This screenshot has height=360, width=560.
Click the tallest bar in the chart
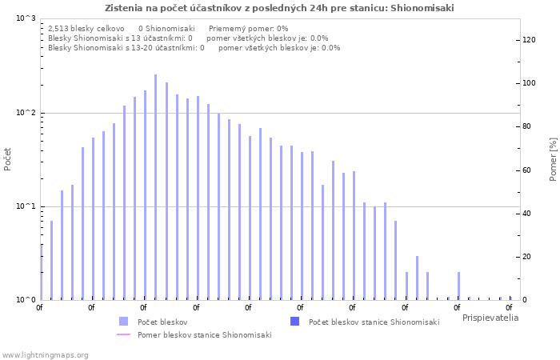[155, 187]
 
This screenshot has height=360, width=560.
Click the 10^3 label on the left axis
[26, 18]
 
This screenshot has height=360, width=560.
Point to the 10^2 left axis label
[26, 113]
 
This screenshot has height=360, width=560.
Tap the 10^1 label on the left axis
[26, 206]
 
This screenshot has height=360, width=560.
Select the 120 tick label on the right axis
[529, 40]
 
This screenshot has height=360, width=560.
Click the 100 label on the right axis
[529, 83]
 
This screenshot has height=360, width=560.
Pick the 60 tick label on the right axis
[526, 170]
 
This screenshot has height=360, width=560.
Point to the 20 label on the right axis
[526, 257]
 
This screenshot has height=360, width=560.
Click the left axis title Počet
[7, 159]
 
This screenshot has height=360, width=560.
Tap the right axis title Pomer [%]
[553, 159]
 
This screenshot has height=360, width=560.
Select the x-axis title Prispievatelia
[490, 318]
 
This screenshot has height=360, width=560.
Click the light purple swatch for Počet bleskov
[123, 322]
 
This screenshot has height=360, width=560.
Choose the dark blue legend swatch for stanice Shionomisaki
[294, 322]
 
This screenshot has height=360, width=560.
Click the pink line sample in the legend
[123, 334]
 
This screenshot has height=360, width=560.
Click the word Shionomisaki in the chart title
[422, 8]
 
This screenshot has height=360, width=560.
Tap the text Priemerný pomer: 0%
[248, 29]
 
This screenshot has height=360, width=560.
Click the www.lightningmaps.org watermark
[45, 355]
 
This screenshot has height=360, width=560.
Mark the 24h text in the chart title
[319, 8]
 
